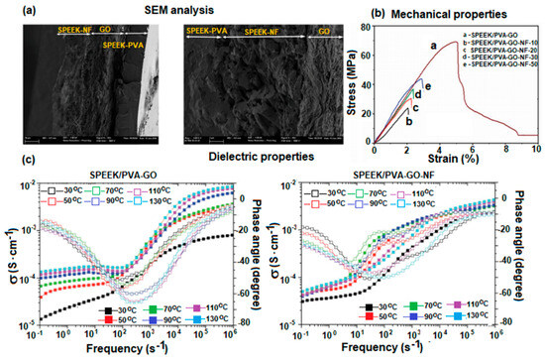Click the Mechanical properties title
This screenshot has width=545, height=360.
click(458, 14)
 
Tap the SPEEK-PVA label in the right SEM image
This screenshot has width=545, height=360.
click(213, 31)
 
